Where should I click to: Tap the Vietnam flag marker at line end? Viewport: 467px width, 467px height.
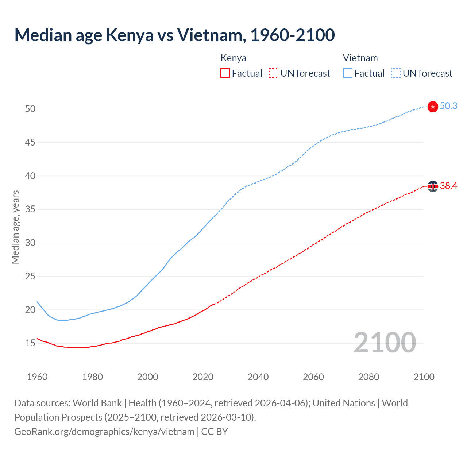[433, 107]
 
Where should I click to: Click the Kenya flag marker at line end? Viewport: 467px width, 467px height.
[433, 186]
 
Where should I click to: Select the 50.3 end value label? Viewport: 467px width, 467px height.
[448, 106]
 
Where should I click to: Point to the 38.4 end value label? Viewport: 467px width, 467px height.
[448, 186]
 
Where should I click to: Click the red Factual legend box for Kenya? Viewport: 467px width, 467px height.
[225, 73]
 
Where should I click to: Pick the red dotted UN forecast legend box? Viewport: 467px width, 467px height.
[274, 73]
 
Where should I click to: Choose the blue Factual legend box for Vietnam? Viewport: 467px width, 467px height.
[347, 73]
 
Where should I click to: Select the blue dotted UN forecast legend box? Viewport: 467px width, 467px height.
[396, 73]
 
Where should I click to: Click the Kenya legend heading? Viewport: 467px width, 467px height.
[233, 58]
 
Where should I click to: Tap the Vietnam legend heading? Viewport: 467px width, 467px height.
[360, 58]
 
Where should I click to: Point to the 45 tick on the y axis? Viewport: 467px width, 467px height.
[30, 142]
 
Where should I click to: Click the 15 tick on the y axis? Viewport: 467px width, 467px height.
[30, 343]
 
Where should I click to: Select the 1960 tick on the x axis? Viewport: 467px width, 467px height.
[37, 377]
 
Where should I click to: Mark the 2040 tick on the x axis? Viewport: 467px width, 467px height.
[258, 377]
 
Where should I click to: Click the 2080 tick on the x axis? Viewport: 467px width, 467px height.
[368, 377]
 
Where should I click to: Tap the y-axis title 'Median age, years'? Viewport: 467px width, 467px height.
[15, 227]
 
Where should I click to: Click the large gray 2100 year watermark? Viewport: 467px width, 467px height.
[385, 343]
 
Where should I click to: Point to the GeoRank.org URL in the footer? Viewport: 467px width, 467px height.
[104, 432]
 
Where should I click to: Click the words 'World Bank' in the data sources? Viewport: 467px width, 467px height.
[97, 403]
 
